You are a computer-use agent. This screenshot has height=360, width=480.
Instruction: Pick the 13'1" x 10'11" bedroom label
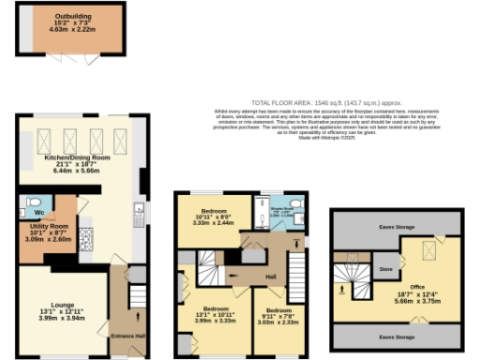coord(217,315)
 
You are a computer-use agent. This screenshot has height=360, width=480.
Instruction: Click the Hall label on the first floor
coord(270,278)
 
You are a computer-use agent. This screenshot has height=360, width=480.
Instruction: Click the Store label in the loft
coord(383,269)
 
